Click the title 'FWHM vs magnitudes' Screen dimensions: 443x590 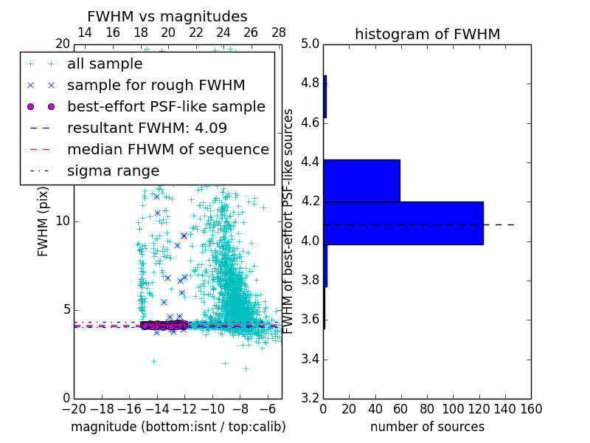click(x=167, y=17)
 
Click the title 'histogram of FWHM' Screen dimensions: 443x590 click(x=427, y=34)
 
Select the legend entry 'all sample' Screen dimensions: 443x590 click(x=105, y=64)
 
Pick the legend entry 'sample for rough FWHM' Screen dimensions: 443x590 click(x=156, y=85)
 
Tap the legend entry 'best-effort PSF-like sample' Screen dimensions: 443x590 click(x=166, y=106)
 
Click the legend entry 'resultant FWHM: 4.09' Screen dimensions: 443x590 click(x=147, y=128)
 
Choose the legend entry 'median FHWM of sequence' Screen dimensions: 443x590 click(x=167, y=149)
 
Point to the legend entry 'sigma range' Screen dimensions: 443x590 click(x=113, y=171)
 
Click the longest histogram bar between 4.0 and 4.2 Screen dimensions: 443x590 click(x=403, y=223)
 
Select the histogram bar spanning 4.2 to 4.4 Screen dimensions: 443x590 click(x=361, y=181)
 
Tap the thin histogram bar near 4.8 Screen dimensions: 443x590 click(x=324, y=97)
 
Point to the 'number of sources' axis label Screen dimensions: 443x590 click(x=427, y=427)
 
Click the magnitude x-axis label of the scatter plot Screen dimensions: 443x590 click(x=178, y=427)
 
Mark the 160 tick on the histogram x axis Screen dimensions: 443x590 click(x=531, y=408)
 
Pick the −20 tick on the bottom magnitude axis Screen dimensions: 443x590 click(x=74, y=408)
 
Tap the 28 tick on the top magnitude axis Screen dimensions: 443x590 click(x=279, y=32)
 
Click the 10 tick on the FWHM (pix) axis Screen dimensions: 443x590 click(x=63, y=221)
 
